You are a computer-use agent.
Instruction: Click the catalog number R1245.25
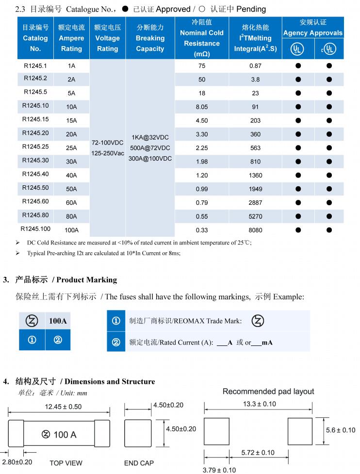pos(35,147)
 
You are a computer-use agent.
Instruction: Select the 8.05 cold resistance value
pos(201,106)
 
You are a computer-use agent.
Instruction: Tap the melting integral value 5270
pos(255,216)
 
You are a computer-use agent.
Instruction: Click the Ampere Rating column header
pos(71,38)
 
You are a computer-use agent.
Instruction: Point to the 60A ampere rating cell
pos(71,202)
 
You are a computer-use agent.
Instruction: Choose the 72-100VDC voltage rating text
pos(108,143)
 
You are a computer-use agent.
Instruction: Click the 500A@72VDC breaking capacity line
pos(150,148)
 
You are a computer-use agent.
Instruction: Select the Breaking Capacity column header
pos(150,38)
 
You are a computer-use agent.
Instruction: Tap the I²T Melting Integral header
pos(255,38)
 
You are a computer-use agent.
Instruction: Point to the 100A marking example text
pos(58,321)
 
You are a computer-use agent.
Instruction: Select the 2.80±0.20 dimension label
pos(17,462)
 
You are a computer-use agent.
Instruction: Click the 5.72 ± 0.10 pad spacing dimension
pos(258,453)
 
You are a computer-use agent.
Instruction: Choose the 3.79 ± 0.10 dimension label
pos(219,470)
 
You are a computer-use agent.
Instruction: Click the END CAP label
pos(138,463)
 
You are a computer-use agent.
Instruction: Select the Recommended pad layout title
pos(268,392)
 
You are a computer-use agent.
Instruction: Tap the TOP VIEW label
pos(66,463)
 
